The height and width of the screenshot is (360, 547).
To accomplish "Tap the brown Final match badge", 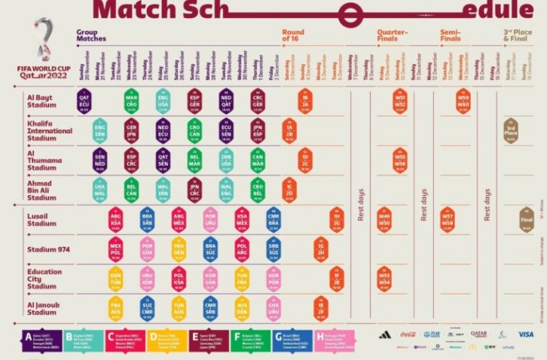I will coord(527,219).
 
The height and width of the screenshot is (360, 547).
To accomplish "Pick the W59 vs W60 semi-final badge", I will coord(463,99).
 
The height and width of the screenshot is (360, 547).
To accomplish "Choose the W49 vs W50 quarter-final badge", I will coord(384,219).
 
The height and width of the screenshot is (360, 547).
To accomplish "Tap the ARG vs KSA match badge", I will coord(115,219).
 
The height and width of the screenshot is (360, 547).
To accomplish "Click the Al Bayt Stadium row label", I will coord(41,102).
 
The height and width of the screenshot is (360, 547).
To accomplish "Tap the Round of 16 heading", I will coord(294,35).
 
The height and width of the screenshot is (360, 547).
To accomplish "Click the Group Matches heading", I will coord(91,35).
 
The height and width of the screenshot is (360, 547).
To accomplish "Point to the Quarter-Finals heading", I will coord(393,35).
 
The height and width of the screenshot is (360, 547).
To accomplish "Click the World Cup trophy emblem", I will coord(43,45).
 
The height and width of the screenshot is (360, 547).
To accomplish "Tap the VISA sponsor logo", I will coord(525,334).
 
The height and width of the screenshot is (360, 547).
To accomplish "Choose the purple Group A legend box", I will coord(41,341).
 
